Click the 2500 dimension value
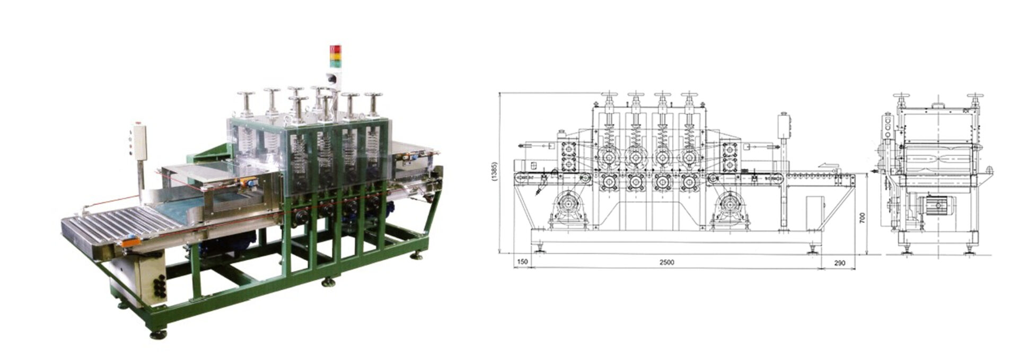pos(666,262)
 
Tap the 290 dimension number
pos(840,263)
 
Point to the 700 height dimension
pos(863,217)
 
